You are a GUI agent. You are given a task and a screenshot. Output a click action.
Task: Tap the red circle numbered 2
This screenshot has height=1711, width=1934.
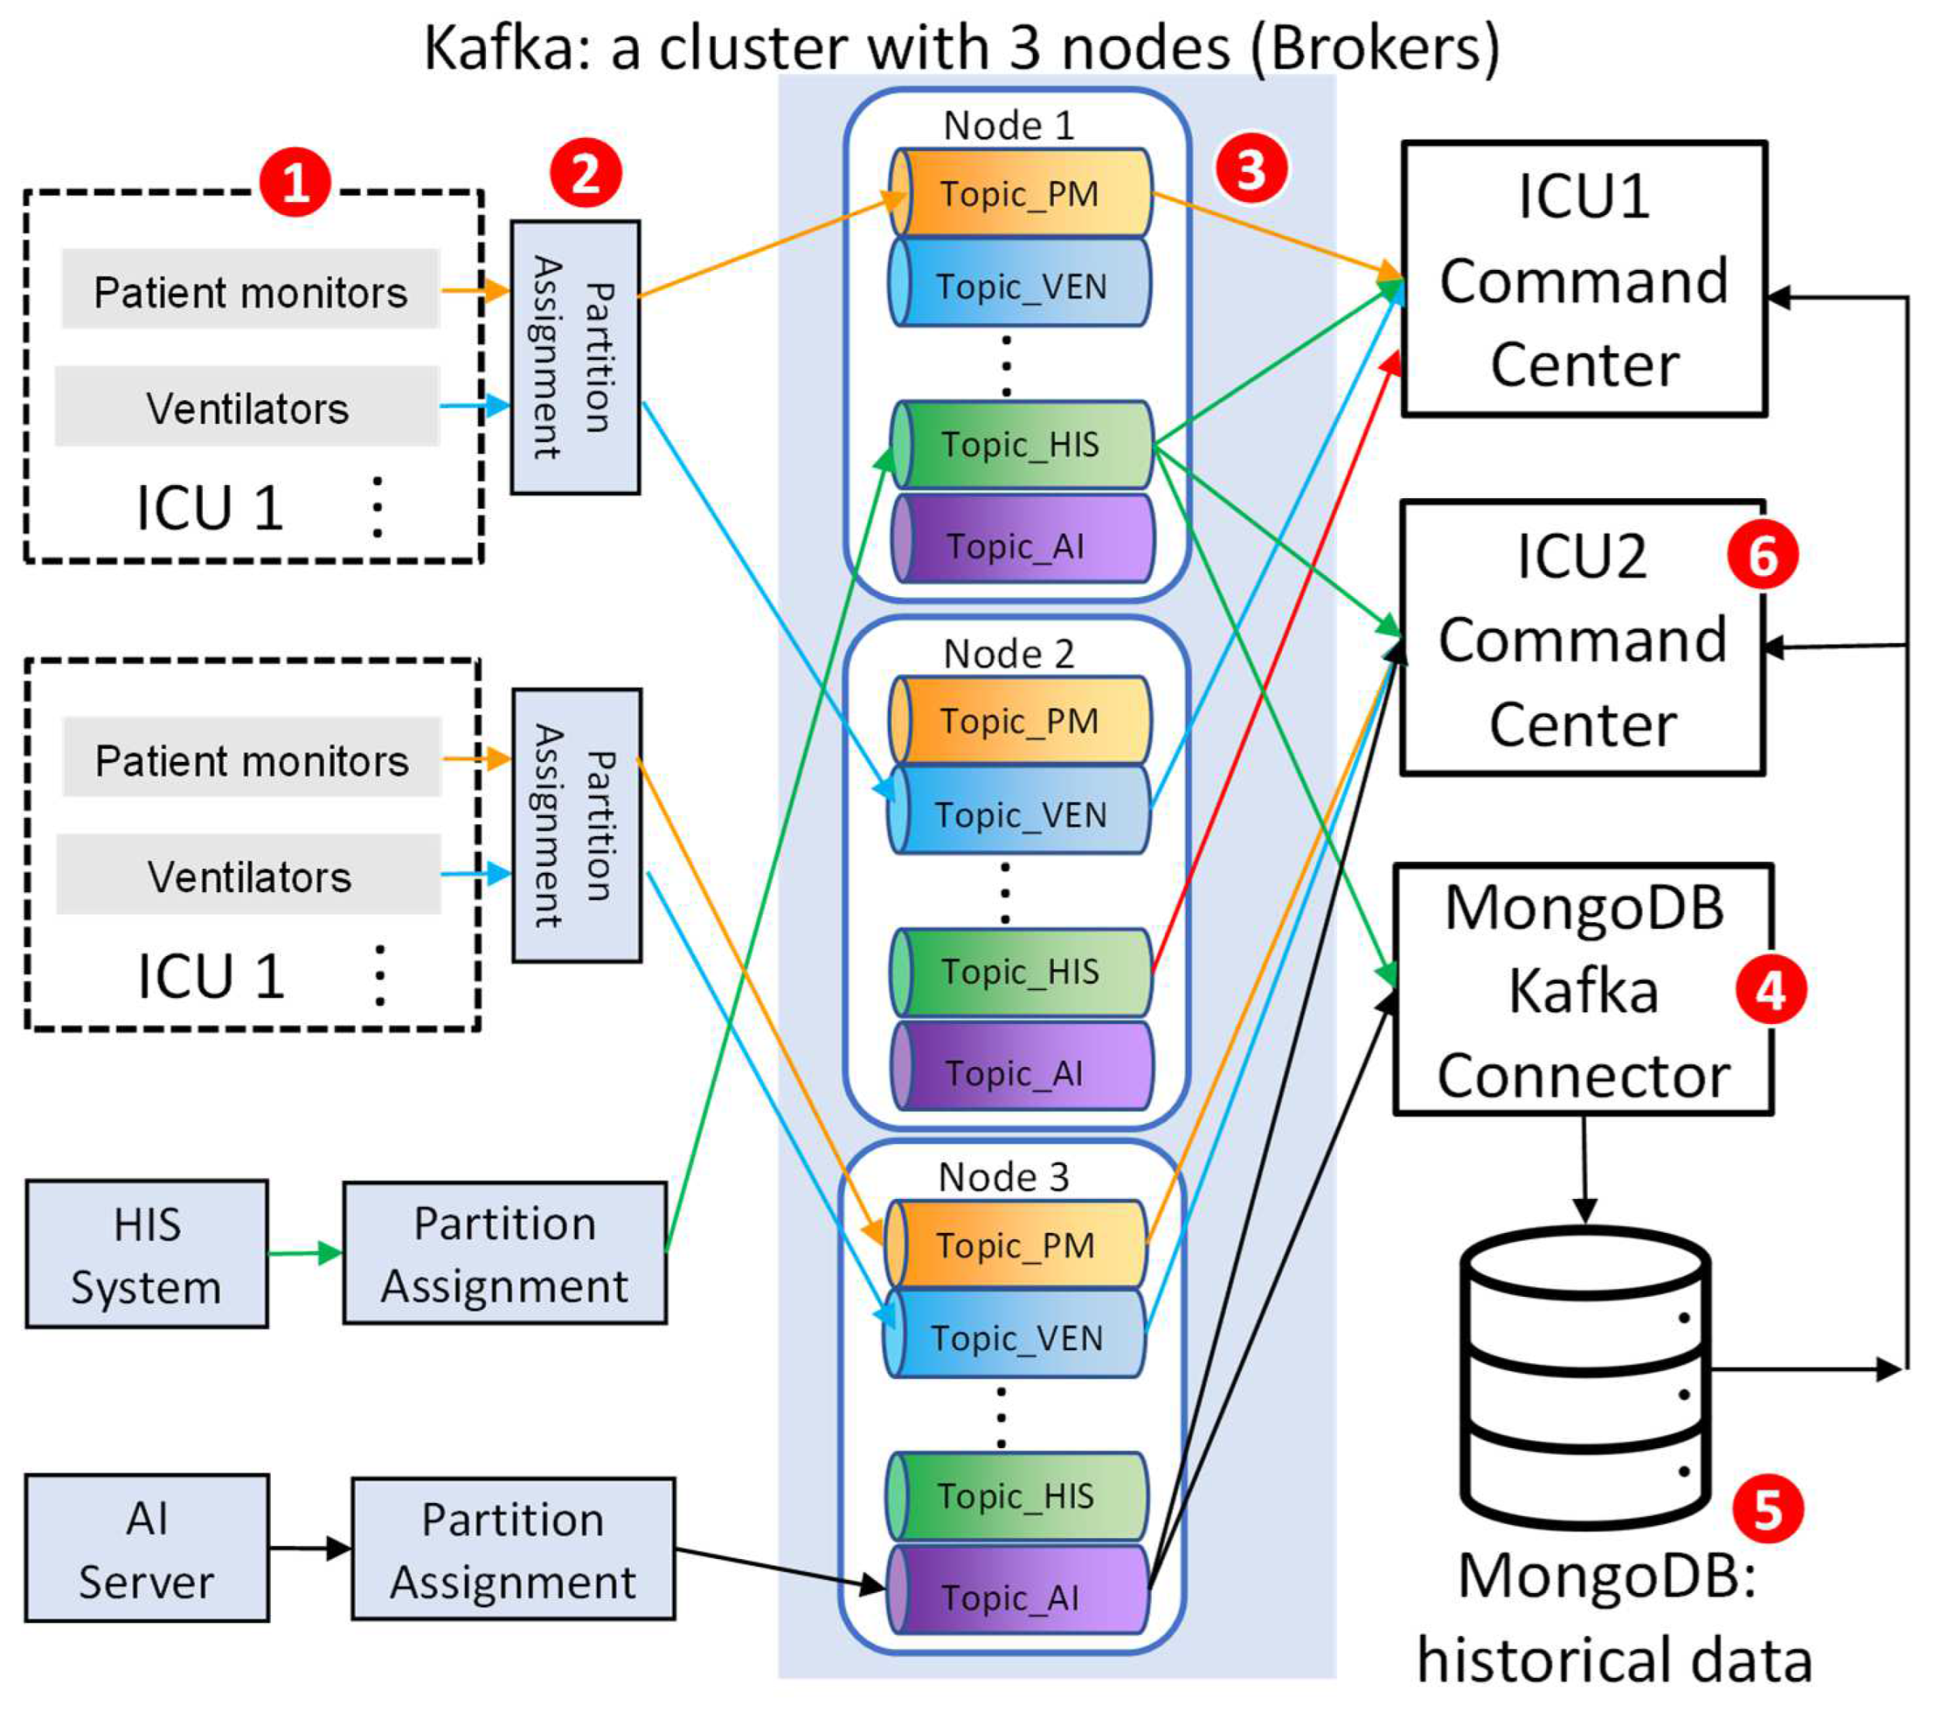(586, 173)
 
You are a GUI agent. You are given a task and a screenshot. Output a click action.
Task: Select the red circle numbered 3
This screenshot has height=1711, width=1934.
(1251, 168)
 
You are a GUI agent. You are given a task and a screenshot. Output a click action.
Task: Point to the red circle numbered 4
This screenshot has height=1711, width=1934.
(1770, 990)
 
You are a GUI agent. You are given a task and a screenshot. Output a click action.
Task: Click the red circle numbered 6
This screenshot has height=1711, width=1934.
(1762, 554)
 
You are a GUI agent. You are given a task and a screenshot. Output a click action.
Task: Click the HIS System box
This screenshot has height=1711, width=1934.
(147, 1255)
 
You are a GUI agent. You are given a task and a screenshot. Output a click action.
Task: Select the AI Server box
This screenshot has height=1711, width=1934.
(147, 1548)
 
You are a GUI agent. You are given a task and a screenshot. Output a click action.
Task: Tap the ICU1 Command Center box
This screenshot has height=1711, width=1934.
(1583, 279)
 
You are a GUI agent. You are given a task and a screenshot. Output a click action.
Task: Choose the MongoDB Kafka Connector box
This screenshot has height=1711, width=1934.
(1582, 989)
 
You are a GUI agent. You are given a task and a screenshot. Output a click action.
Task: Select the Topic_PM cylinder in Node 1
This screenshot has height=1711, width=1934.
(1020, 193)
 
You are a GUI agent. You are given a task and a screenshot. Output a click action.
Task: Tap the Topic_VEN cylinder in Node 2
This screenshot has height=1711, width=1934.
(1020, 813)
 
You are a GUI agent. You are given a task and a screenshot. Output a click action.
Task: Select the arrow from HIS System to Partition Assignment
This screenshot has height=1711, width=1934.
(305, 1255)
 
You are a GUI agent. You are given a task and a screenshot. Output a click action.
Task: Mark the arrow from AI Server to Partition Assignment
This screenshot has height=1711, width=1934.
(309, 1549)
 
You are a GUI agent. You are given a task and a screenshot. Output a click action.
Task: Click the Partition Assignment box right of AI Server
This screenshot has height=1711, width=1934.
(513, 1549)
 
